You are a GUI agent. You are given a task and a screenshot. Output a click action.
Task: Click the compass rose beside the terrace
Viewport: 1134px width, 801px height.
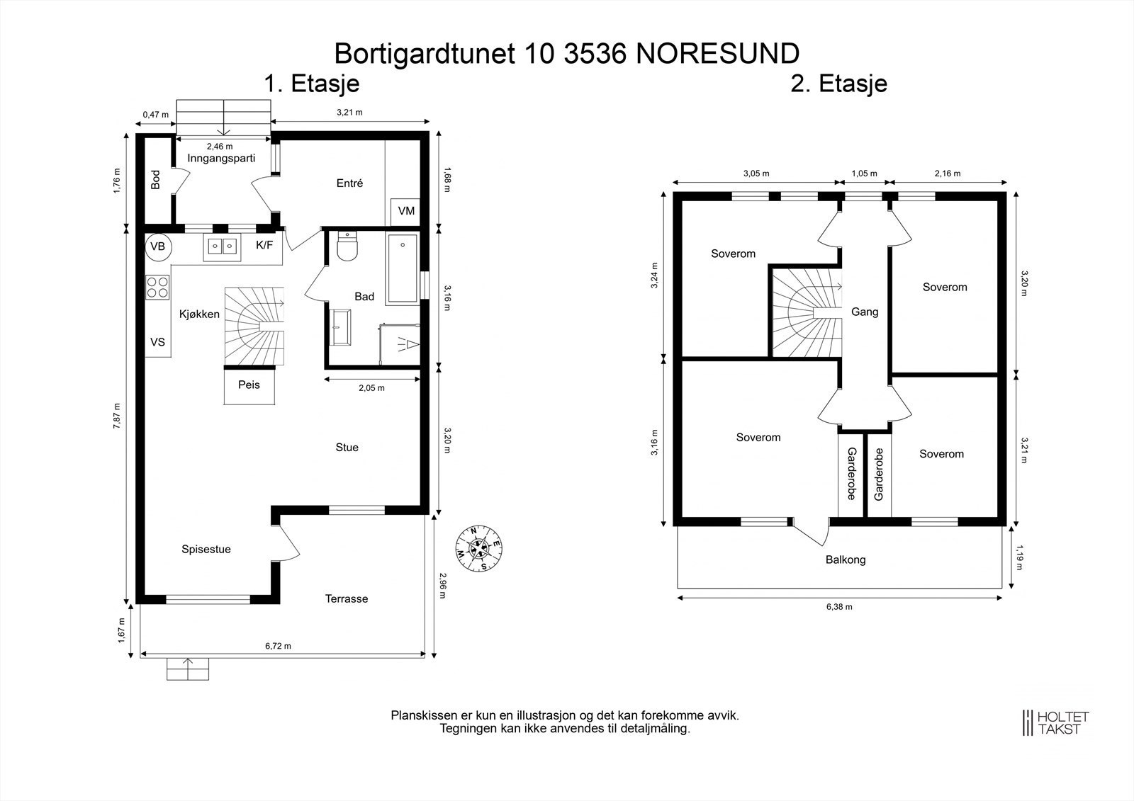click(478, 549)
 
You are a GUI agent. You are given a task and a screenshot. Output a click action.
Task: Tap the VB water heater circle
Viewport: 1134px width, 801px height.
click(158, 246)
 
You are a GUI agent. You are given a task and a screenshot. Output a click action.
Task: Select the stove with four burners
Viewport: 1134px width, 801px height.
click(157, 286)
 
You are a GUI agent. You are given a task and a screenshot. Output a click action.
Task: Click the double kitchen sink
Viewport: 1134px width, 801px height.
click(222, 246)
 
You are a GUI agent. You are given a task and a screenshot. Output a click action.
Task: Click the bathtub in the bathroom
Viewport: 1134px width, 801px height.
click(403, 270)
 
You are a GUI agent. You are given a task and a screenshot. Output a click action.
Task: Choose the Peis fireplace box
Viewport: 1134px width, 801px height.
click(249, 386)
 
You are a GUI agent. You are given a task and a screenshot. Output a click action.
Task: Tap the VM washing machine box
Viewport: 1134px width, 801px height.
click(406, 211)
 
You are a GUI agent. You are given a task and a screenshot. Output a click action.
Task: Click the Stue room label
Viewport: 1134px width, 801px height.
click(347, 448)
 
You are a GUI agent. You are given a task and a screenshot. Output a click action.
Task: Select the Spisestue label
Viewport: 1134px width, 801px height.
click(206, 550)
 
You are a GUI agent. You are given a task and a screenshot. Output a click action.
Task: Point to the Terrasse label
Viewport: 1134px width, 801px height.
click(347, 599)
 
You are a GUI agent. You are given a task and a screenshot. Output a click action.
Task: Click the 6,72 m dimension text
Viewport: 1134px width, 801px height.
click(279, 646)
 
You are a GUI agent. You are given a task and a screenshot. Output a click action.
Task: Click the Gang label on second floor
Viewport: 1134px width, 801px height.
click(865, 312)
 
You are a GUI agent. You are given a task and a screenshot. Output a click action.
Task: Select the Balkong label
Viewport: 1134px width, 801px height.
click(846, 560)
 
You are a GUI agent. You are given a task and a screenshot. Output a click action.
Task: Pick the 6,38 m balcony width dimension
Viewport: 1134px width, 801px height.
click(839, 607)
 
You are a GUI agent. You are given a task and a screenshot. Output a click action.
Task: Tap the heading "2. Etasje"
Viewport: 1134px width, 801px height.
click(839, 84)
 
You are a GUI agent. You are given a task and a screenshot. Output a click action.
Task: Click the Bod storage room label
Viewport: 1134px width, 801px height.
click(156, 180)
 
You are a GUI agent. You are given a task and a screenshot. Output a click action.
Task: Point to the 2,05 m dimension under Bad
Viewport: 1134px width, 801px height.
click(371, 388)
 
